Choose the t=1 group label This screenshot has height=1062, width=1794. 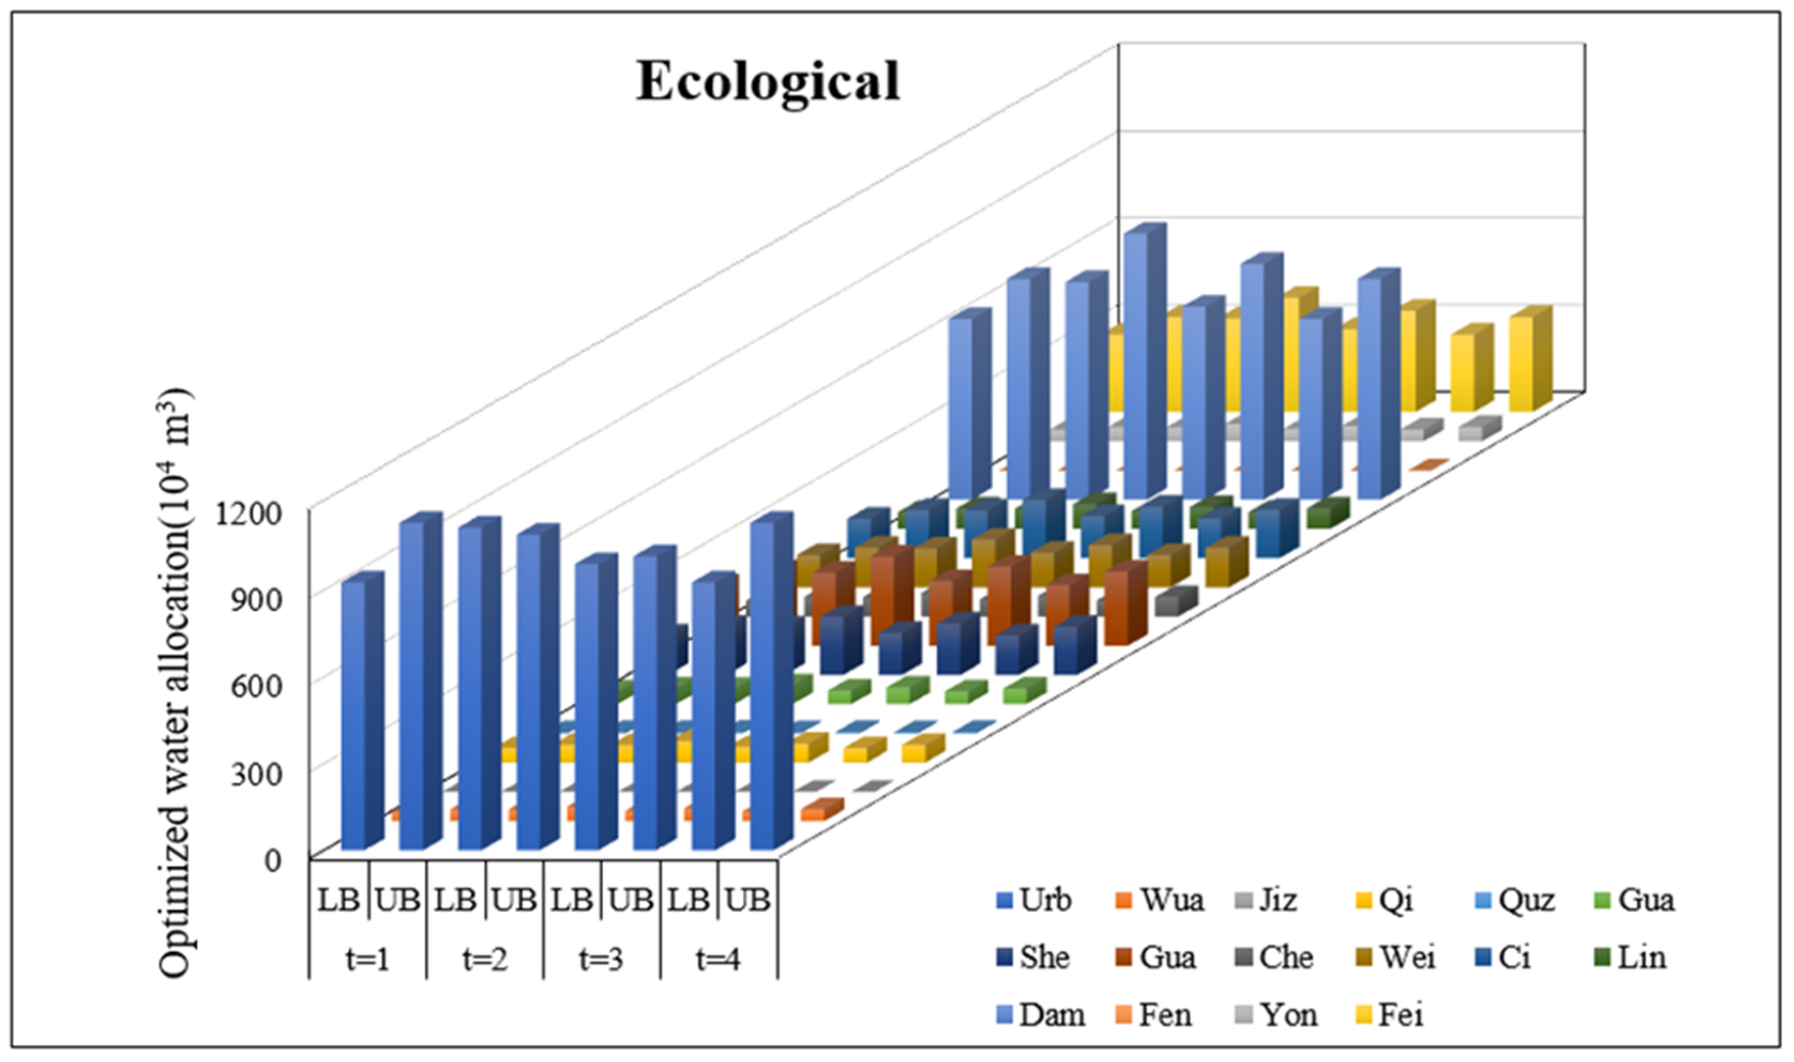click(368, 959)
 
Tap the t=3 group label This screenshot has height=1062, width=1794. click(601, 959)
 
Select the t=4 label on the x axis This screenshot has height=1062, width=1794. click(718, 959)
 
